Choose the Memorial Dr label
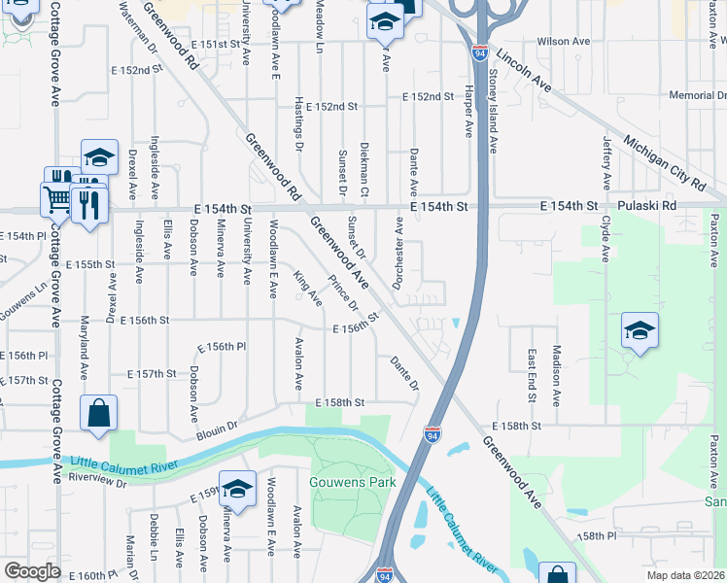click(x=698, y=95)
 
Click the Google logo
click(x=32, y=571)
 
